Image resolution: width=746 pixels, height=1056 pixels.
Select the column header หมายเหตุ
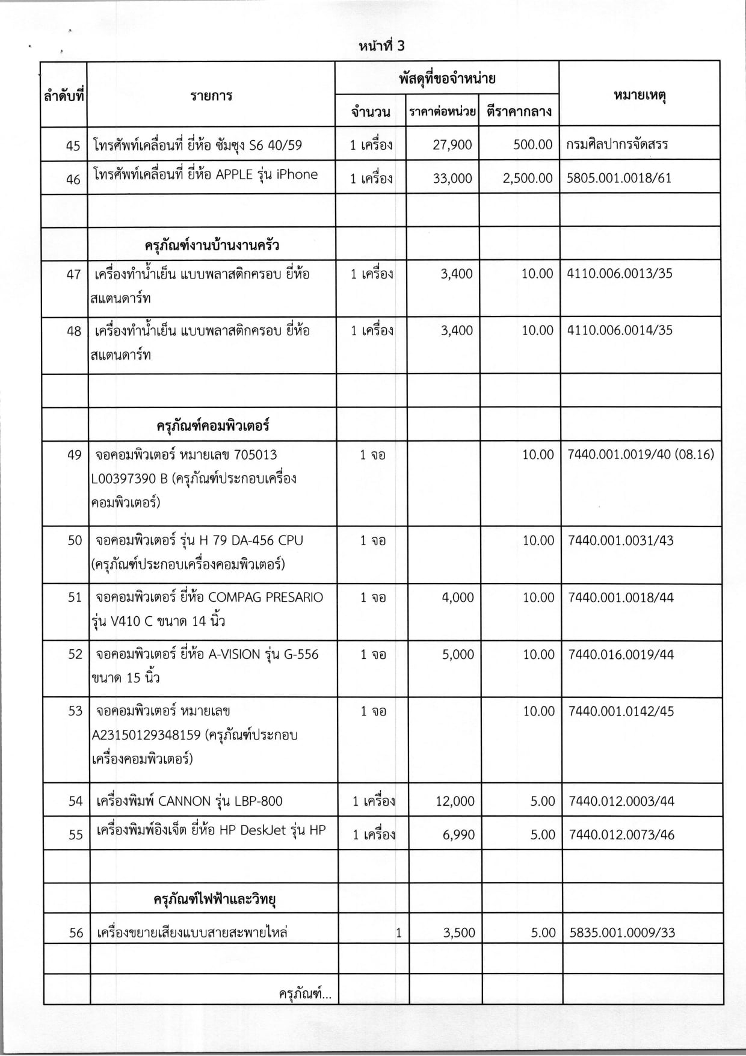(x=639, y=95)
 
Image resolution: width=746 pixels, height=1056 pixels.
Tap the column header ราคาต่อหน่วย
(x=442, y=112)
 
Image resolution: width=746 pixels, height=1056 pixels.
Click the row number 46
(x=73, y=178)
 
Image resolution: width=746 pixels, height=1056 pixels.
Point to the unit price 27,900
(x=452, y=144)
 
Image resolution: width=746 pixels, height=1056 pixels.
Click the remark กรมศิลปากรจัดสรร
(x=617, y=144)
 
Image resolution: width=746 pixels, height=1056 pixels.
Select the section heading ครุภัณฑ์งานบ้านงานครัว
(x=212, y=245)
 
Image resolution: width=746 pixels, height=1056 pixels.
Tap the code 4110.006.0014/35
(x=620, y=330)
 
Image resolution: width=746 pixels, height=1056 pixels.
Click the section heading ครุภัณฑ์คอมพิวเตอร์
(x=212, y=425)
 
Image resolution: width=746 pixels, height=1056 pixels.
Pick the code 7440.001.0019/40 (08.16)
(x=641, y=454)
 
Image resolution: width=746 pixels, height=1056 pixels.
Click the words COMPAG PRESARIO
(x=265, y=597)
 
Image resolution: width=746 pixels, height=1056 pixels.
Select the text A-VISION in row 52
(x=234, y=654)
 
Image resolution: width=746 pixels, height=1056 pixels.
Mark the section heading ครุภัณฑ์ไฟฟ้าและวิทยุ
(x=214, y=899)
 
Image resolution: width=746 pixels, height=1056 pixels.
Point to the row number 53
(x=75, y=711)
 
